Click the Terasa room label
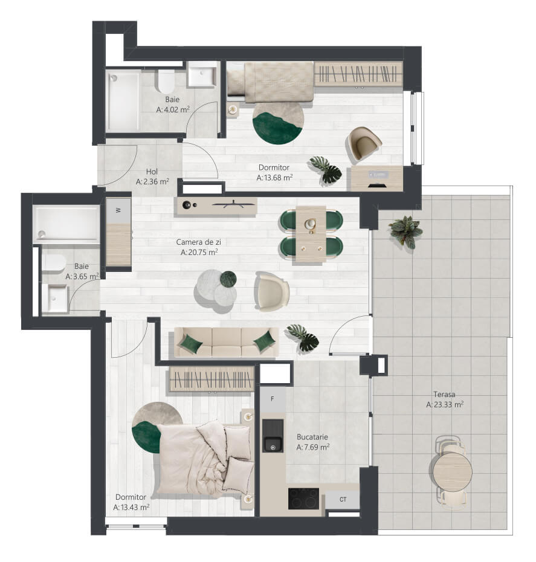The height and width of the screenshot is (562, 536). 444,394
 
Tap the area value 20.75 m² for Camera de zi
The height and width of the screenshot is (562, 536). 199,253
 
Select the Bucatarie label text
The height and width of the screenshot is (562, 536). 312,437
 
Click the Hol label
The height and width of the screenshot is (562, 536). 152,172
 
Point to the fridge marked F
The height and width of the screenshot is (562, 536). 273,399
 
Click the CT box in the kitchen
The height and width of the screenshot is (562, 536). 343,499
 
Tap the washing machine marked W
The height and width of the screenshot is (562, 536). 118,211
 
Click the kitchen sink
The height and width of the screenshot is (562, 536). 273,436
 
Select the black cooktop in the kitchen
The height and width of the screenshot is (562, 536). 303,499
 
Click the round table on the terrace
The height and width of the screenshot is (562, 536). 453,472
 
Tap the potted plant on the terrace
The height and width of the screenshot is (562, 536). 406,231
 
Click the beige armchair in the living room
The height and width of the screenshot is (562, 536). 271,291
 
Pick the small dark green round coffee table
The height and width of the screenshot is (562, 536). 228,279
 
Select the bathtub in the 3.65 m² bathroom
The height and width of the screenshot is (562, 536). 66,224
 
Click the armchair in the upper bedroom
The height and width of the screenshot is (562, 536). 364,143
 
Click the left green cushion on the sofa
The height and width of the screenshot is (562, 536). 191,343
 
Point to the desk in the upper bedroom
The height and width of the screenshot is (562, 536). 377,178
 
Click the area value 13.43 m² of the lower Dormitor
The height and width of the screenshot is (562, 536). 131,507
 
